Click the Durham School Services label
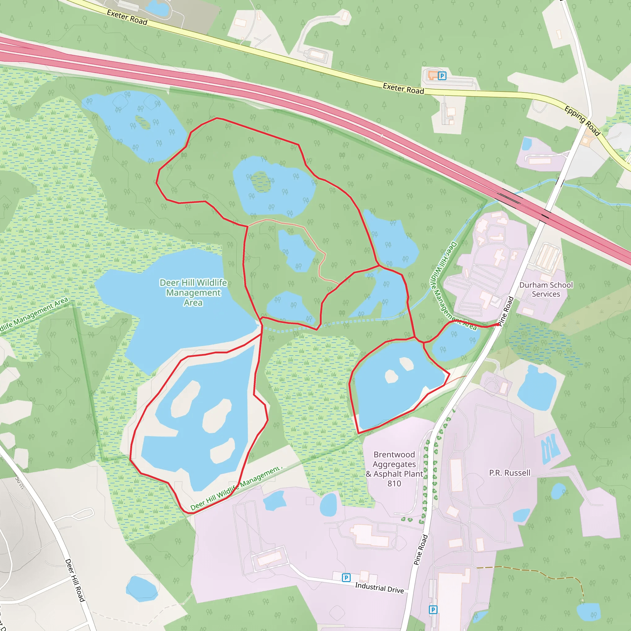546,289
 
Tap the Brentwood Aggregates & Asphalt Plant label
394,464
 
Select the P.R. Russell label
510,473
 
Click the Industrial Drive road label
379,588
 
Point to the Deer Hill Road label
75,580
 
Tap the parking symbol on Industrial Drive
346,578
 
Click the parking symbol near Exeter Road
442,76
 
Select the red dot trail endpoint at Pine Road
498,324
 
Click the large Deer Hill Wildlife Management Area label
193,293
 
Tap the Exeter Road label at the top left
127,17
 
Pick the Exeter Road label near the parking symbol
403,88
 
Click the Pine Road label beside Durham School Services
506,311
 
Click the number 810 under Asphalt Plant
394,483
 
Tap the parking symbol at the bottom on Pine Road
433,610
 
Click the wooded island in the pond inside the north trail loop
261,181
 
